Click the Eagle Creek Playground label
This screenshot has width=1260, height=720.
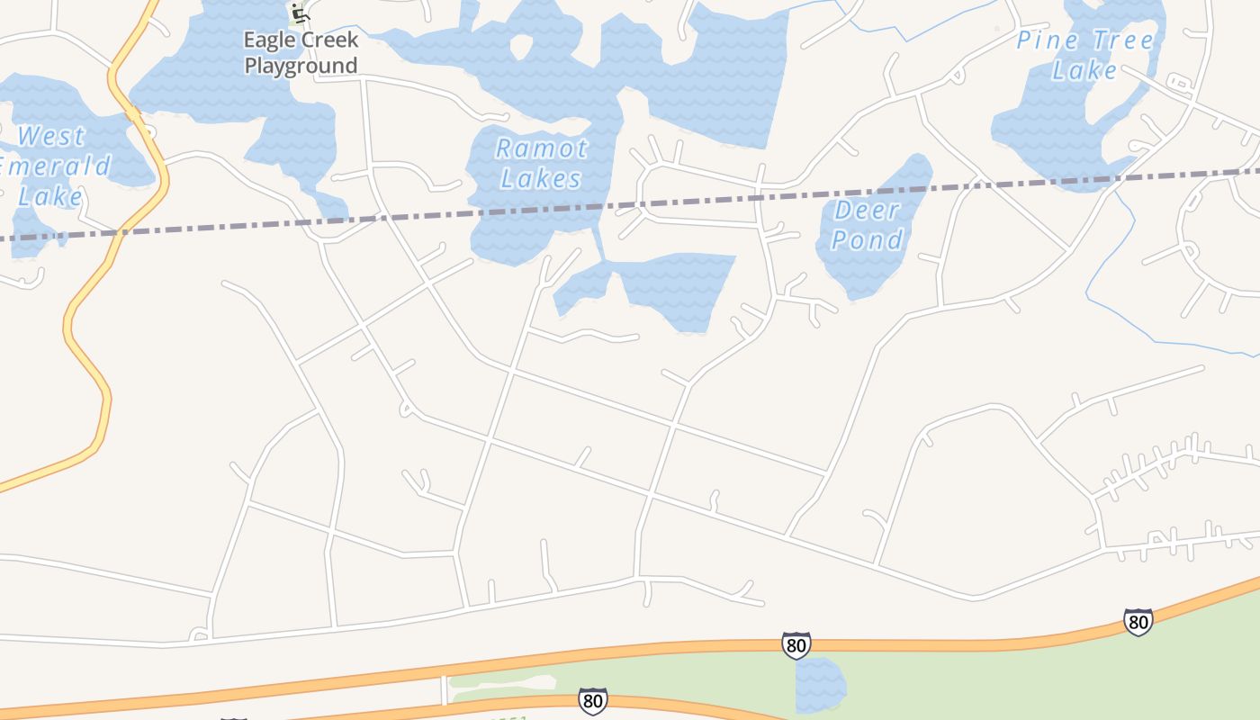(301, 52)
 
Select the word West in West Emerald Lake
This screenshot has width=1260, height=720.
(51, 137)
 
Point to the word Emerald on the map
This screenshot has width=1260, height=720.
(54, 166)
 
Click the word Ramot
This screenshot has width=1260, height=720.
(542, 148)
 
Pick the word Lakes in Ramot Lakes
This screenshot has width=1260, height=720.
(542, 178)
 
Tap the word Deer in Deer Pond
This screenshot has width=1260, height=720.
(867, 211)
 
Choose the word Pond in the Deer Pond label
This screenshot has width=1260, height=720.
(867, 240)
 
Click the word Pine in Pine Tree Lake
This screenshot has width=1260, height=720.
(1049, 40)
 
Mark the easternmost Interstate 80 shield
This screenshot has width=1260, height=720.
(1138, 621)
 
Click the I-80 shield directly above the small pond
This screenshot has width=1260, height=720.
(796, 644)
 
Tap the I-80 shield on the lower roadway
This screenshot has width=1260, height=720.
(591, 700)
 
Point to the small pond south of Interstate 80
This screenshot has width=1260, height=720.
(819, 684)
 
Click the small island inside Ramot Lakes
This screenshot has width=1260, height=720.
(521, 45)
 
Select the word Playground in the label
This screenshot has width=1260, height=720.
(301, 66)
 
